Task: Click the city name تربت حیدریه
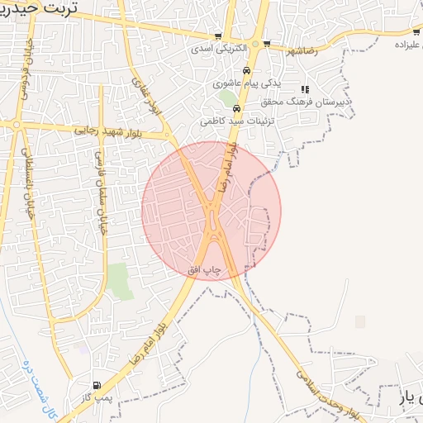click(x=38, y=9)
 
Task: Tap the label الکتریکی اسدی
click(x=218, y=49)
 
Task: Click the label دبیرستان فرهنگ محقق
click(x=319, y=102)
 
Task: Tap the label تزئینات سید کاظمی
click(x=235, y=121)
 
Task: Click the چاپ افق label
click(x=207, y=270)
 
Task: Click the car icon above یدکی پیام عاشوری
click(x=246, y=70)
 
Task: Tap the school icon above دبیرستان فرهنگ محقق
click(x=305, y=89)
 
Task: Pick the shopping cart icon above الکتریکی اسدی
click(x=218, y=36)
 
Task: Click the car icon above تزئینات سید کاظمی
click(x=236, y=108)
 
